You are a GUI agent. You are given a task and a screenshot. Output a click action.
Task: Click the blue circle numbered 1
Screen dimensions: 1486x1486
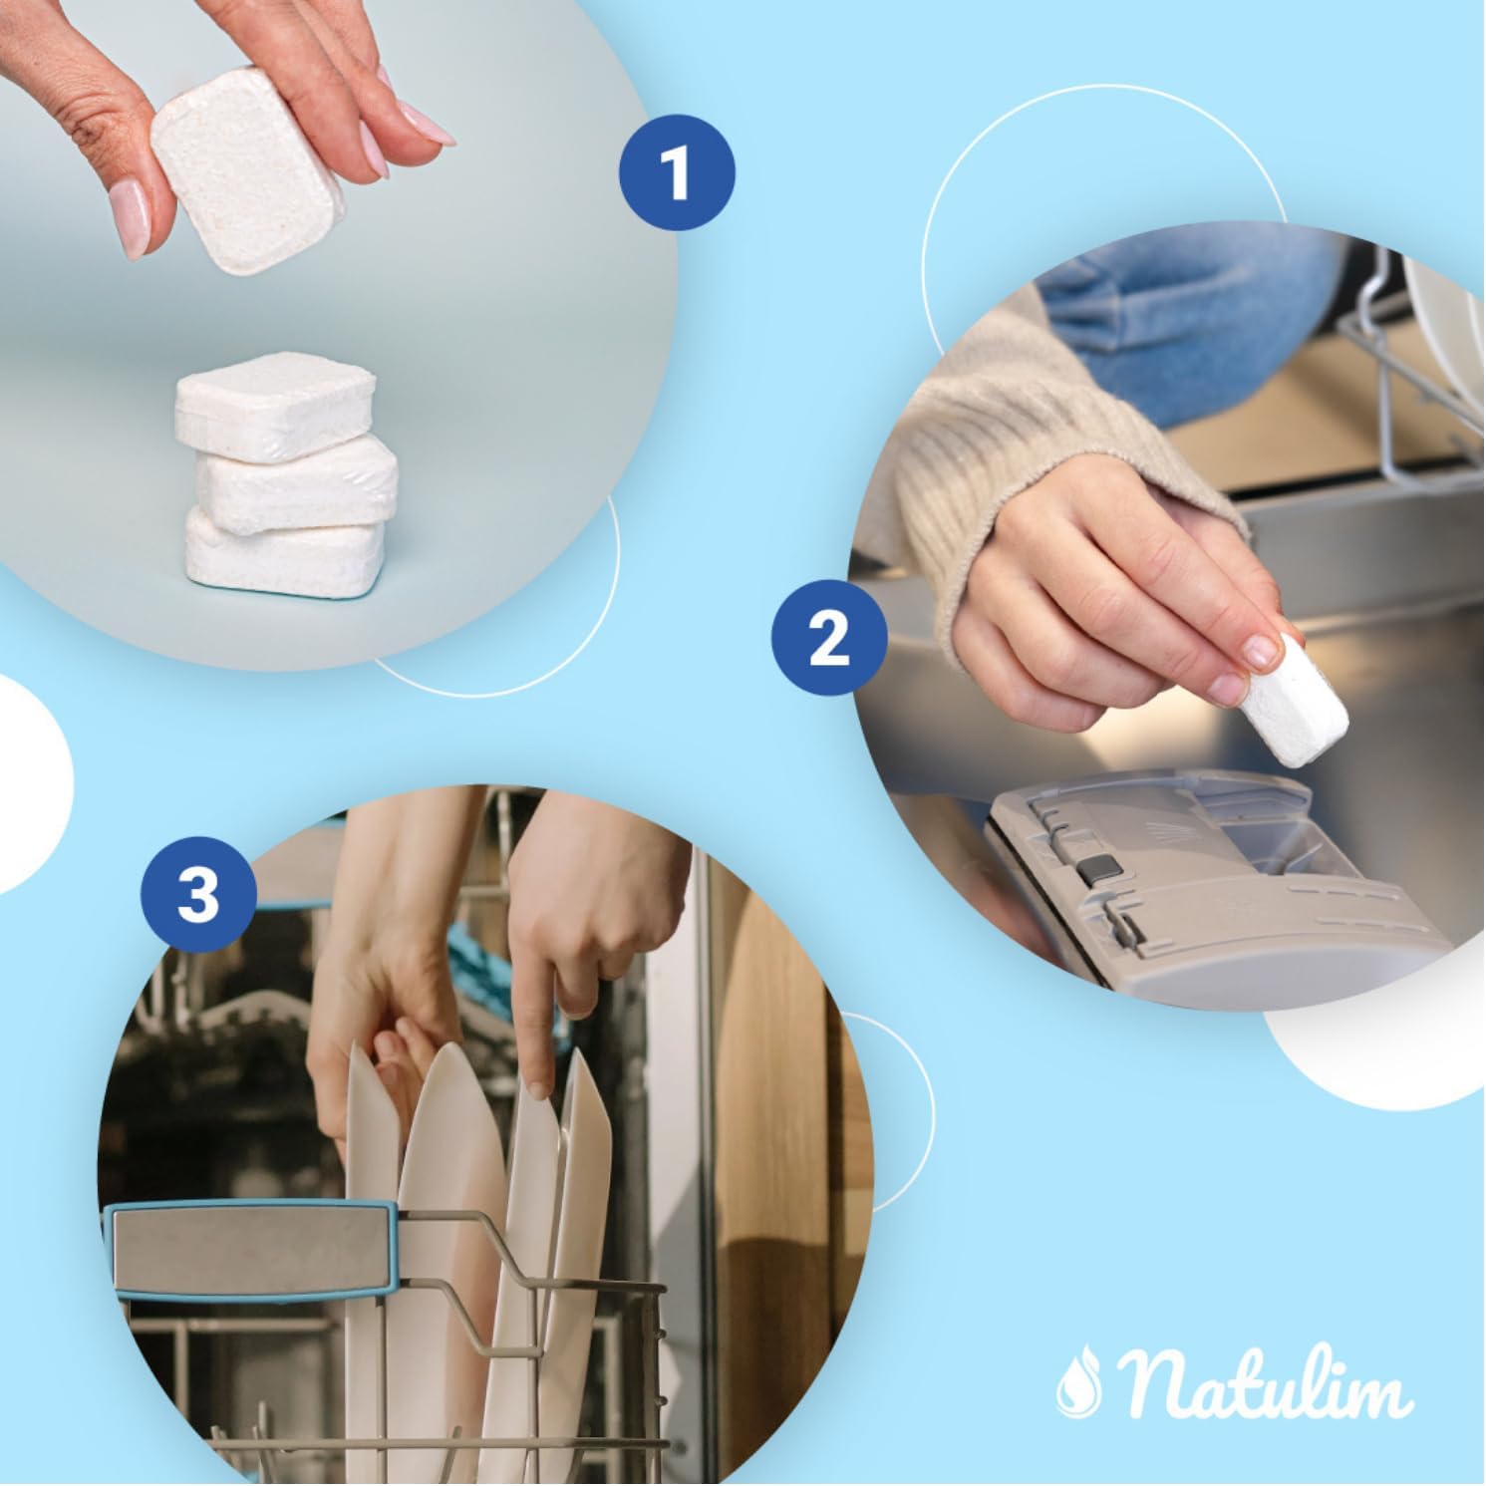(679, 173)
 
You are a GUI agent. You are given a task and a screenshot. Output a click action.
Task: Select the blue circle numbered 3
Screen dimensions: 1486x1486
(198, 893)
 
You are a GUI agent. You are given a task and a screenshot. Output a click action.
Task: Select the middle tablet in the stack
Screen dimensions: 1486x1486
(297, 483)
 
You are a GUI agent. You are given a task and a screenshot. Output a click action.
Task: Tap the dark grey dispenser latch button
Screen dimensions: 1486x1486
(1095, 869)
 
